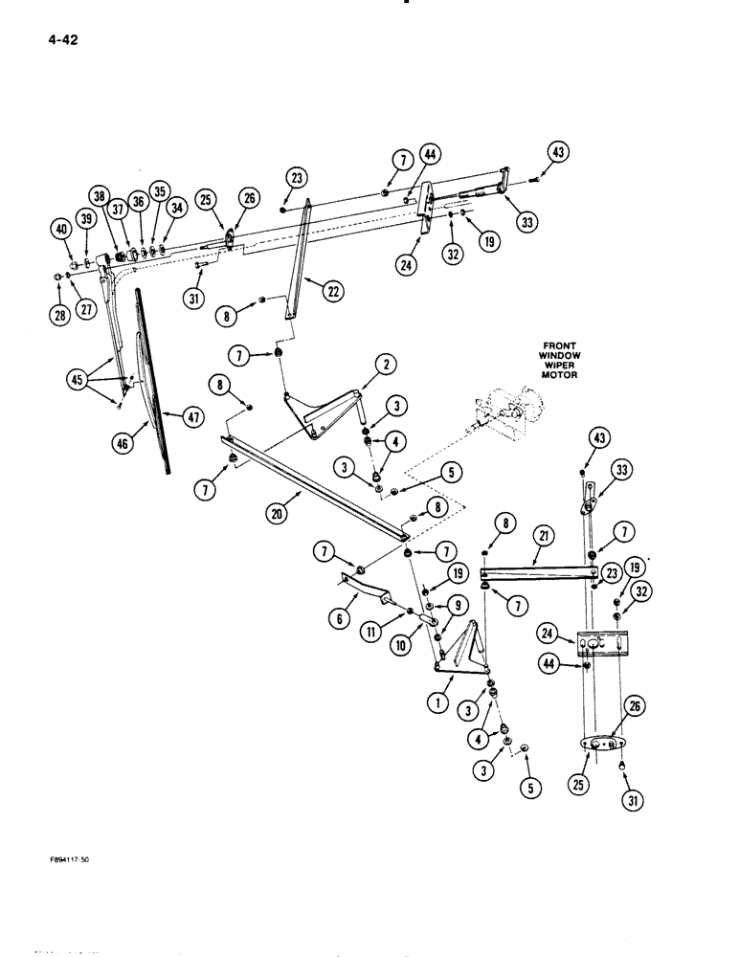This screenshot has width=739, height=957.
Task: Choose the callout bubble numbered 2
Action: coord(385,364)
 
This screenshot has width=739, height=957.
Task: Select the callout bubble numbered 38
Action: coord(97,197)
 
